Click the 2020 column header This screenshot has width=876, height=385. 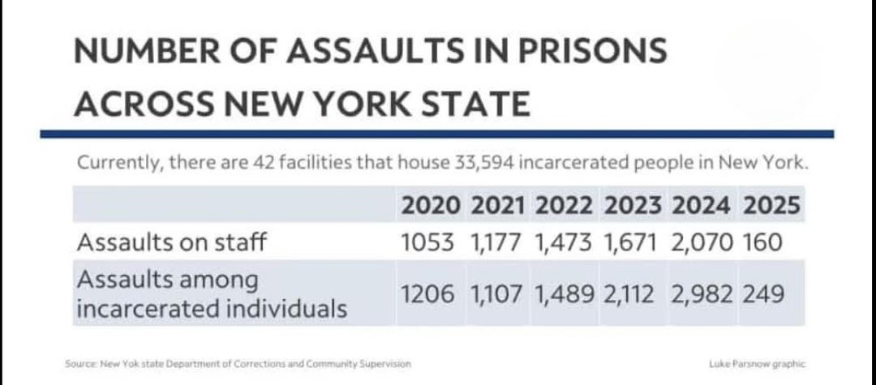click(x=432, y=206)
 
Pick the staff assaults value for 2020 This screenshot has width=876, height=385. click(x=432, y=242)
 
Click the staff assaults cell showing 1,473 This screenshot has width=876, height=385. click(x=566, y=242)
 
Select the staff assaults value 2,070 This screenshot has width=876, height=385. click(x=702, y=242)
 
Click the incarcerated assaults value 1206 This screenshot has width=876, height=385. click(x=432, y=294)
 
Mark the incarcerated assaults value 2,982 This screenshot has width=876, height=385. click(x=702, y=294)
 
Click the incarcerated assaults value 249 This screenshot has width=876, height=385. click(x=763, y=294)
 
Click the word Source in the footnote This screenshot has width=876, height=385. click(x=80, y=364)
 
